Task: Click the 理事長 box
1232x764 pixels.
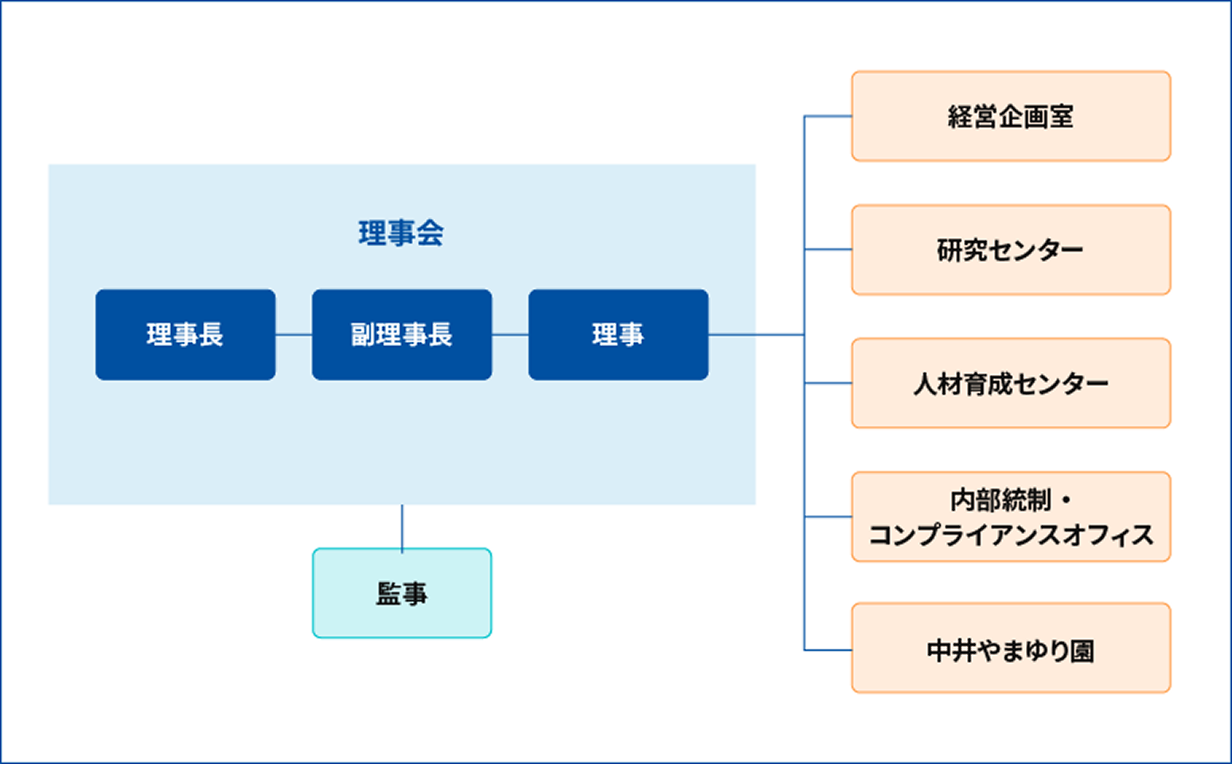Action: (185, 334)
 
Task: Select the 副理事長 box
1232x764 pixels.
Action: (402, 334)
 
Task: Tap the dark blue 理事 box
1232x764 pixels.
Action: (618, 334)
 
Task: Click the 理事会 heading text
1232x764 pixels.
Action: (401, 233)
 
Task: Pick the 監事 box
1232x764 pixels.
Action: (402, 593)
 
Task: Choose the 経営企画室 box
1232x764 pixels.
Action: (1011, 116)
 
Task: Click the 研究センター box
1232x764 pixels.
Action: (1011, 250)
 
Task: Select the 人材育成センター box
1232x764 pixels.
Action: (1011, 384)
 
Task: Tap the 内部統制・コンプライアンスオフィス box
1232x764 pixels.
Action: (1011, 517)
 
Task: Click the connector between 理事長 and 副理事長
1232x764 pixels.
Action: (294, 334)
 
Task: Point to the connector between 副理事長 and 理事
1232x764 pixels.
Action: (510, 334)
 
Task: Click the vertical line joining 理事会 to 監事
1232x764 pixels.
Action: (402, 526)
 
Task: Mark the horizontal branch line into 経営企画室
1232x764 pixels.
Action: (828, 116)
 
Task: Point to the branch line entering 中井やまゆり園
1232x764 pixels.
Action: (828, 650)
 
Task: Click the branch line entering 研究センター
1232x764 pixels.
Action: (828, 250)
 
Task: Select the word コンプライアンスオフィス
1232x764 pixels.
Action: (1011, 535)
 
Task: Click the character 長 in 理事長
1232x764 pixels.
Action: (212, 334)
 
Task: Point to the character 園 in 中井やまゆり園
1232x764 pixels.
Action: (1082, 651)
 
